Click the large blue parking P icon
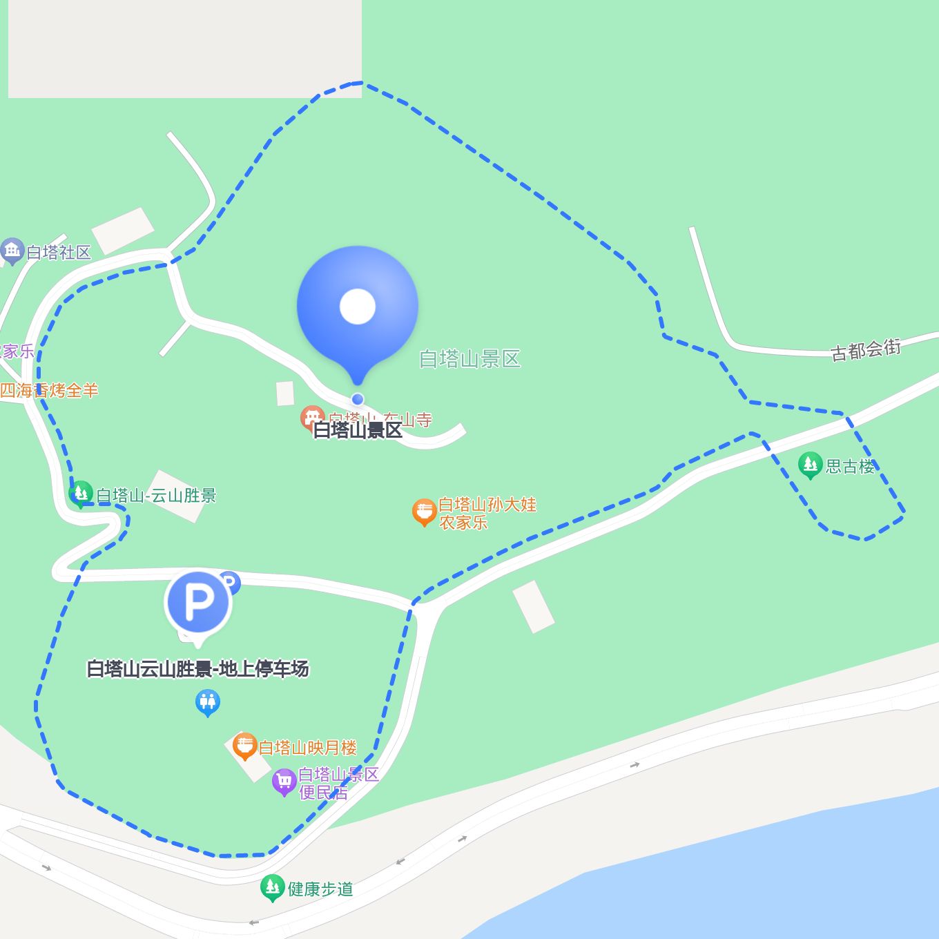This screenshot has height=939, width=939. click(198, 602)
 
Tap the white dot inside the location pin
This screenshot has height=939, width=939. click(357, 307)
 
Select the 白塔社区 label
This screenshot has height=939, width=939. click(59, 253)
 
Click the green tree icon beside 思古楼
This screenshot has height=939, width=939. click(810, 465)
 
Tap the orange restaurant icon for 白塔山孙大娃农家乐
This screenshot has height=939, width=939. click(424, 512)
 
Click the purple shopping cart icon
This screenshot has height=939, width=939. click(284, 782)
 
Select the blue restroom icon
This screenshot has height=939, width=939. click(207, 704)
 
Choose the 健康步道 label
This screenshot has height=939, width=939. click(320, 889)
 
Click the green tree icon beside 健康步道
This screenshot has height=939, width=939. click(272, 888)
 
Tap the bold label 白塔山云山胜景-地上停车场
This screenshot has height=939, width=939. click(197, 669)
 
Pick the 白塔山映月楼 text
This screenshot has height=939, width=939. click(307, 748)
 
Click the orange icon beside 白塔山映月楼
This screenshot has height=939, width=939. click(244, 746)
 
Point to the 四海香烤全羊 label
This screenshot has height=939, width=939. click(49, 391)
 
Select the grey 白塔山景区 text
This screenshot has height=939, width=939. click(469, 359)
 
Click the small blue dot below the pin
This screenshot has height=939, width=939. click(357, 399)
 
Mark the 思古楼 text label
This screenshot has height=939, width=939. click(850, 467)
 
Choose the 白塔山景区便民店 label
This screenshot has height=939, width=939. click(338, 783)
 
